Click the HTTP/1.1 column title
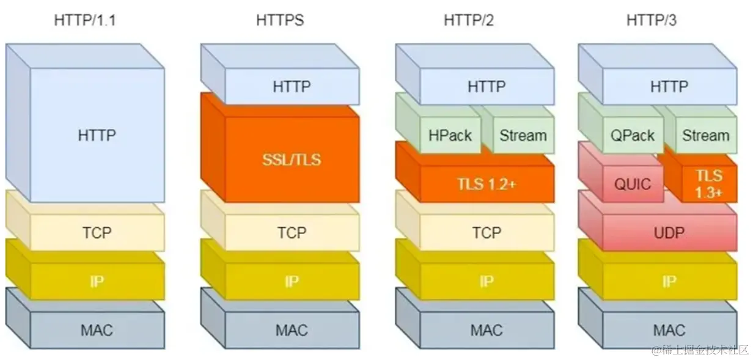pyautogui.click(x=85, y=20)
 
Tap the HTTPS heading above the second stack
pyautogui.click(x=279, y=20)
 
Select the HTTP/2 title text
pyautogui.click(x=468, y=20)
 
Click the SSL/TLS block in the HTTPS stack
pyautogui.click(x=292, y=160)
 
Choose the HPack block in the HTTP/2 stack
pyautogui.click(x=450, y=136)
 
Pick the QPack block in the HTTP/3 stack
pyautogui.click(x=633, y=136)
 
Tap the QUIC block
pyautogui.click(x=633, y=184)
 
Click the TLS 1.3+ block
pyautogui.click(x=709, y=184)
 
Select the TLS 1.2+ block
pyautogui.click(x=486, y=184)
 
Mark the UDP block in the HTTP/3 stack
pyautogui.click(x=669, y=233)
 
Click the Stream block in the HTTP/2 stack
pyautogui.click(x=523, y=136)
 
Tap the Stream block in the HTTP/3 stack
pyautogui.click(x=705, y=136)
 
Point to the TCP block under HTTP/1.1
pyautogui.click(x=97, y=233)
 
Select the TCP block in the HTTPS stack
pyautogui.click(x=292, y=233)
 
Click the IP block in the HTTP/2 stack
pyautogui.click(x=486, y=282)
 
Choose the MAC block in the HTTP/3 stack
pyautogui.click(x=669, y=331)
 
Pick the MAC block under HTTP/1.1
pyautogui.click(x=97, y=331)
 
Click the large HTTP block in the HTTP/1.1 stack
pyautogui.click(x=97, y=135)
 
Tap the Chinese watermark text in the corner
pyautogui.click(x=699, y=350)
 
